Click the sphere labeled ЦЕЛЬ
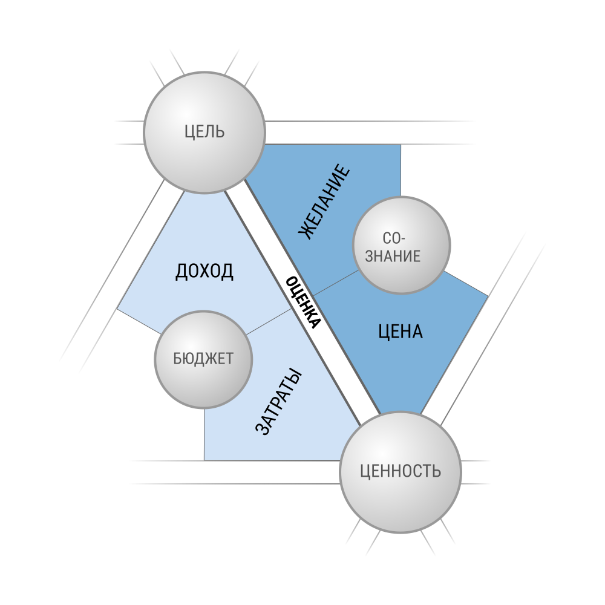[x=204, y=132]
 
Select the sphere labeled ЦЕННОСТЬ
[x=401, y=472]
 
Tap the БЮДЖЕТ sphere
[x=203, y=359]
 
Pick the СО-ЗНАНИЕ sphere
[x=402, y=245]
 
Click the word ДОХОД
[x=204, y=271]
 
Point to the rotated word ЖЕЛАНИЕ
[x=324, y=202]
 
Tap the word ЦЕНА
[x=400, y=332]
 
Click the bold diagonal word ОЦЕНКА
[x=303, y=302]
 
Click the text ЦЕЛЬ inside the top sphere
[x=204, y=132]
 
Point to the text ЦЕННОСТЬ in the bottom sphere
[x=401, y=471]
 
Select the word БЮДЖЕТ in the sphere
[x=203, y=359]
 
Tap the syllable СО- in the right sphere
[x=394, y=238]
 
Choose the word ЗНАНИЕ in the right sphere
[x=393, y=256]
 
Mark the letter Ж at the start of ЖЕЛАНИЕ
[x=306, y=232]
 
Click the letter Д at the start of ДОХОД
[x=181, y=272]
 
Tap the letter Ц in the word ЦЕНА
[x=383, y=332]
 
